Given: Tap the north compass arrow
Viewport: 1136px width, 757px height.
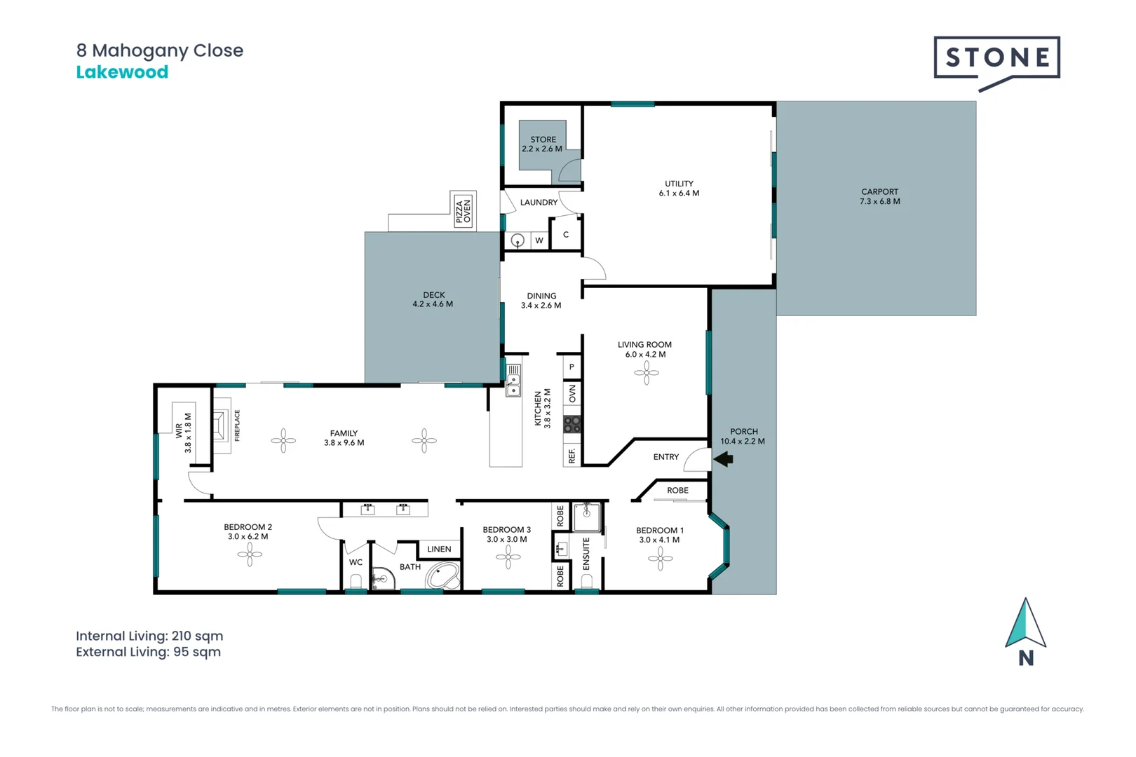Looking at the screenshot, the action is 1025,623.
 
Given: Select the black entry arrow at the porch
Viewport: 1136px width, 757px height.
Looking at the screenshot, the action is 723,459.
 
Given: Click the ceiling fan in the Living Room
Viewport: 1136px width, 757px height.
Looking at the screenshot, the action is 646,373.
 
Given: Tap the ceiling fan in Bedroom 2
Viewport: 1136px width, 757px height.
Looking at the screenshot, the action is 250,554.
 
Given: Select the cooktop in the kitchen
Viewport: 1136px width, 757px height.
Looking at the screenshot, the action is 572,424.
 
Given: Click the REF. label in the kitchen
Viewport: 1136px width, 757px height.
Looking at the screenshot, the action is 572,456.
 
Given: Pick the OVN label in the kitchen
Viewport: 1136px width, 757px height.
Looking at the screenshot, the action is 573,394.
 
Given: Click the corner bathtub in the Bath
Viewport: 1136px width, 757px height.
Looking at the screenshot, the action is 442,575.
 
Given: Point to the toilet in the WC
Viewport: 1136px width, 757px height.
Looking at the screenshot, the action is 356,582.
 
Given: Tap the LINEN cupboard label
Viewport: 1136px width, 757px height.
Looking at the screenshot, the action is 439,549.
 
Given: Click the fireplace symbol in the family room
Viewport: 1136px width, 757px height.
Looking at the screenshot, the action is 222,425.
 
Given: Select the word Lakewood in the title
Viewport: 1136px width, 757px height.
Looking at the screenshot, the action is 122,72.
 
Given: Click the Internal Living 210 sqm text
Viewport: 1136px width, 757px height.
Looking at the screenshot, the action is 149,636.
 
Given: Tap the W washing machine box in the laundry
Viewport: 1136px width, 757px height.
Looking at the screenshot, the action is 539,240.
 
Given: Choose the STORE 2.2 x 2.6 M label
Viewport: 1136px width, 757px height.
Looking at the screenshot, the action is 542,144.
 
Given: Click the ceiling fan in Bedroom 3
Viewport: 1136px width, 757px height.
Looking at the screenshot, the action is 508,557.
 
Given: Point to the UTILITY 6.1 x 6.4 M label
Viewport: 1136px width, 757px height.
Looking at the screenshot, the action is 679,188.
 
